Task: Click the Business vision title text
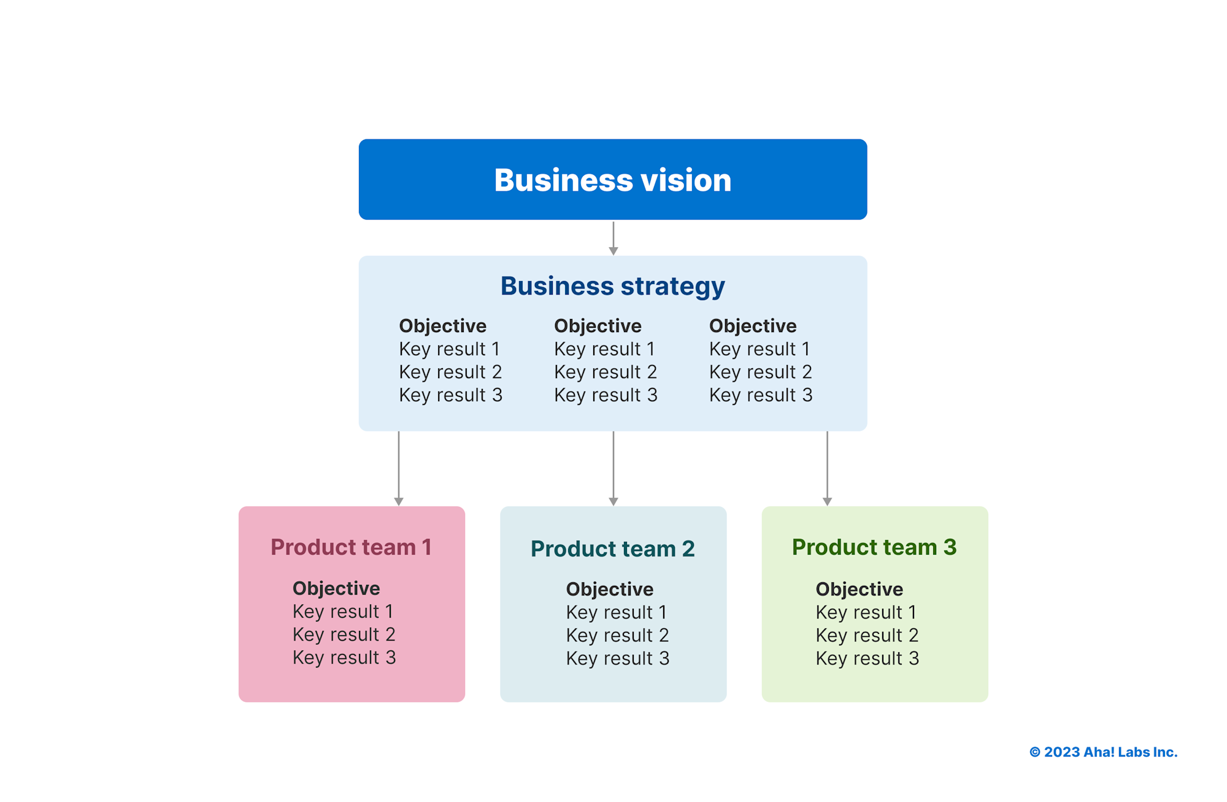[x=612, y=180]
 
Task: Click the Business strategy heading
[x=612, y=286]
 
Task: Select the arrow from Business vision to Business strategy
[x=613, y=238]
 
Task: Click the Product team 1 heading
[x=351, y=547]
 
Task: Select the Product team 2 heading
[x=612, y=549]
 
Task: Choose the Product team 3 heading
[x=874, y=547]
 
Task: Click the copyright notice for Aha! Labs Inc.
[x=1103, y=752]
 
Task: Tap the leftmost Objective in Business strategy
[x=442, y=326]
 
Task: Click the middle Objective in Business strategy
[x=598, y=326]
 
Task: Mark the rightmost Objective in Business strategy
[x=753, y=326]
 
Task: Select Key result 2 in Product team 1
[x=344, y=634]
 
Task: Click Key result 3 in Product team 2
[x=617, y=658]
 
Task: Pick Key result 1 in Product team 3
[x=866, y=612]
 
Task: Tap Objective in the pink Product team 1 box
[x=336, y=588]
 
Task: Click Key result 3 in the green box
[x=867, y=658]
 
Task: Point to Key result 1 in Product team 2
[x=616, y=612]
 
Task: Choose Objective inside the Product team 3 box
[x=859, y=589]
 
